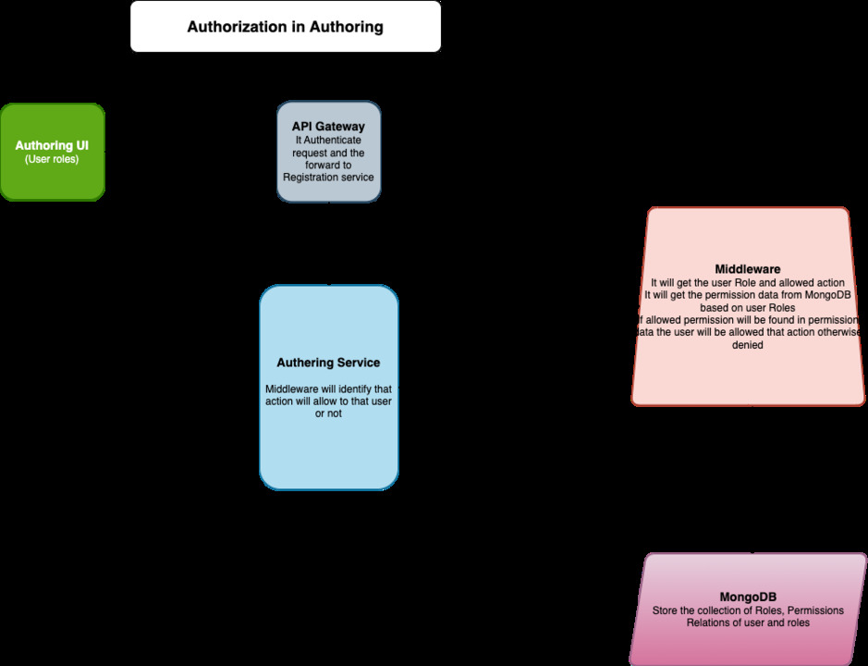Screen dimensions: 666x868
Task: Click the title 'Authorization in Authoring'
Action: pos(285,27)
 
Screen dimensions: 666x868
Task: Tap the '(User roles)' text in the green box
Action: pos(52,159)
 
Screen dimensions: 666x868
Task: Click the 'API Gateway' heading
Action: pos(328,126)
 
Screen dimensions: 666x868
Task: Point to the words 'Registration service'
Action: pos(328,177)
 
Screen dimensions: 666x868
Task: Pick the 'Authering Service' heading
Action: pos(328,363)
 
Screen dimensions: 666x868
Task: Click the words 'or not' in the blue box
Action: pos(328,413)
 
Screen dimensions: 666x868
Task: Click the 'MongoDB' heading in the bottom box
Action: pos(747,597)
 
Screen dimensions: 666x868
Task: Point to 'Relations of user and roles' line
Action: pos(747,623)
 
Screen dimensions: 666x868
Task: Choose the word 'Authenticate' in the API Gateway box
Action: pos(333,140)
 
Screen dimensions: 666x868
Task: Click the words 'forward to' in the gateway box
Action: pos(328,165)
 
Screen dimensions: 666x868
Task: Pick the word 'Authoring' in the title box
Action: pos(348,27)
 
